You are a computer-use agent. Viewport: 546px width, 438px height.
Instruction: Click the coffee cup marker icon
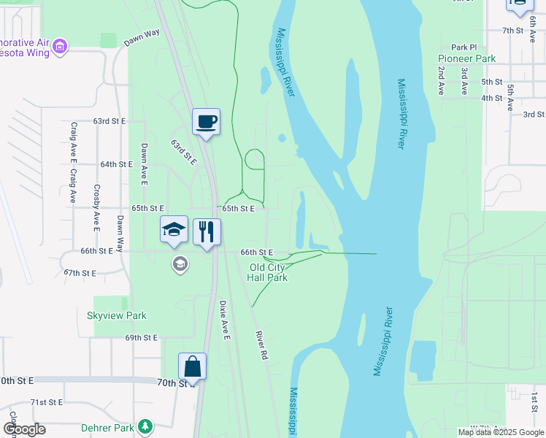(x=206, y=121)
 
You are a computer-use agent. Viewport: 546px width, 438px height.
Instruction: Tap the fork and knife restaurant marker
(x=207, y=232)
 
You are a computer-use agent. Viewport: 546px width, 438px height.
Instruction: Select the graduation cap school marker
(x=174, y=231)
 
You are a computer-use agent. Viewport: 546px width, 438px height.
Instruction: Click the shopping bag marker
(x=192, y=366)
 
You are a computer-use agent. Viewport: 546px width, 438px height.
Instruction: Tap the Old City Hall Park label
(x=267, y=272)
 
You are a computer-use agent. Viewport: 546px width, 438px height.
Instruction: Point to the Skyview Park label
(x=117, y=316)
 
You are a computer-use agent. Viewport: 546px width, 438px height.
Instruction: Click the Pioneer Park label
(x=466, y=58)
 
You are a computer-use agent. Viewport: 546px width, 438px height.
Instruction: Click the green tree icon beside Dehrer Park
(x=145, y=425)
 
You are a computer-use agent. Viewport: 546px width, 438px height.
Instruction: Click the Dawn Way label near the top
(x=142, y=38)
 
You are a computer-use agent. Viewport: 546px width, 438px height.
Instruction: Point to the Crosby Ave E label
(x=96, y=204)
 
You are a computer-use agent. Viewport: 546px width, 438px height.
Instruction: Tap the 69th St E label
(x=141, y=338)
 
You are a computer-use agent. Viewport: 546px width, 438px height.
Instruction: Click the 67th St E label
(x=80, y=272)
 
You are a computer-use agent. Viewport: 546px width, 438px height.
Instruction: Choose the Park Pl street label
(x=464, y=47)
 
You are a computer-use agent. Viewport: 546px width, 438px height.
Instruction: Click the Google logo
(x=24, y=429)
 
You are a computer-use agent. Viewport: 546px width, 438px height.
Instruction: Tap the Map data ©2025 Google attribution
(x=500, y=432)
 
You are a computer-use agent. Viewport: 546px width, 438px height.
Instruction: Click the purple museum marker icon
(x=60, y=47)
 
